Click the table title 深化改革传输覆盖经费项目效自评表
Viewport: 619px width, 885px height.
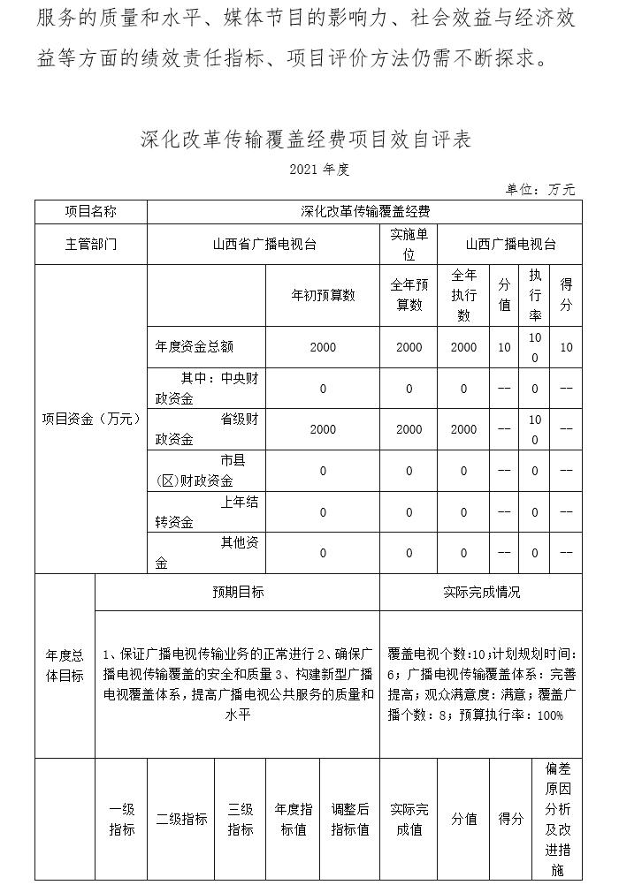click(305, 140)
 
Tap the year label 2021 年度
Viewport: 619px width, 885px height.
click(313, 170)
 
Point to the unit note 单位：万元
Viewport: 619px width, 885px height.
click(540, 189)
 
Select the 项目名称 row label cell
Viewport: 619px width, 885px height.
click(90, 212)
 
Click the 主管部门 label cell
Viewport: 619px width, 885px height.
click(90, 244)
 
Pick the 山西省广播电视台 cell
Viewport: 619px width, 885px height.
click(264, 244)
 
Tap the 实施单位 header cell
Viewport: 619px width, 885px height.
click(409, 244)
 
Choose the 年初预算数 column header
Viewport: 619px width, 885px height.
click(323, 295)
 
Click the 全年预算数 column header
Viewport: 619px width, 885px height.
click(409, 295)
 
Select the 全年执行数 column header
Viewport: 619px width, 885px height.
click(463, 295)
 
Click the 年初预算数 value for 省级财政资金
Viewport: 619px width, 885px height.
click(323, 429)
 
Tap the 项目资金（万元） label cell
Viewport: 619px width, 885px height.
click(90, 419)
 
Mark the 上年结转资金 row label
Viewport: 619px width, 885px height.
click(195, 512)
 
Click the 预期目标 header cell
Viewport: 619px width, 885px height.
click(237, 592)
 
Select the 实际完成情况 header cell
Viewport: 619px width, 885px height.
click(481, 592)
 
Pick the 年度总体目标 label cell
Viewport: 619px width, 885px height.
click(65, 666)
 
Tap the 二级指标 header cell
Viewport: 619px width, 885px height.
click(181, 820)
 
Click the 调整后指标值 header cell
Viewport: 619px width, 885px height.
click(349, 820)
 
